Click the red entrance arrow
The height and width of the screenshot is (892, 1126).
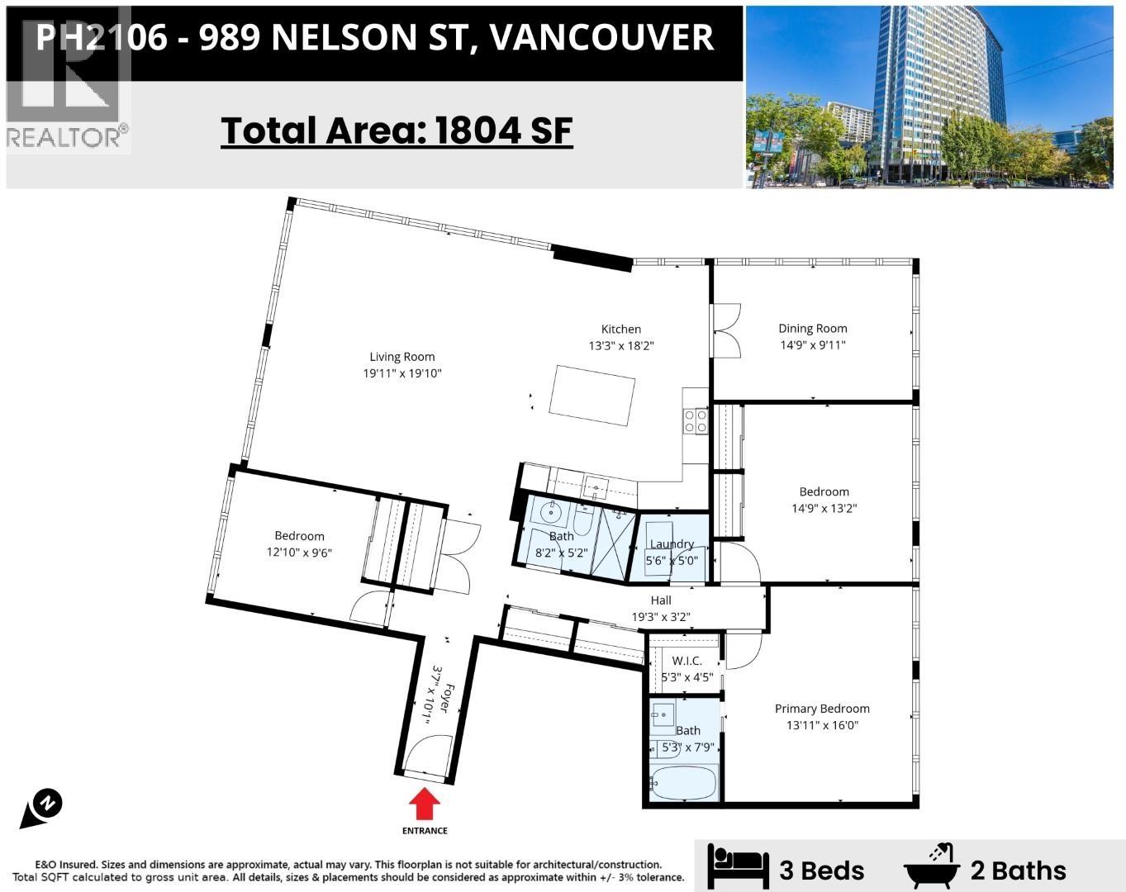click(x=425, y=804)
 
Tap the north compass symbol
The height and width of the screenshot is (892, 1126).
click(x=42, y=807)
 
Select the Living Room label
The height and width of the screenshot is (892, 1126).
click(x=401, y=357)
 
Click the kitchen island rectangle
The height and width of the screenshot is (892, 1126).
click(x=592, y=395)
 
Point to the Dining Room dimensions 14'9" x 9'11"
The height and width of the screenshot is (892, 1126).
click(x=812, y=345)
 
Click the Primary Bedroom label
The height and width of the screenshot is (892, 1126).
click(x=821, y=709)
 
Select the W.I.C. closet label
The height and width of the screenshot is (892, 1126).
click(x=687, y=661)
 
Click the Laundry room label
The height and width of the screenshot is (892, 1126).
click(x=671, y=543)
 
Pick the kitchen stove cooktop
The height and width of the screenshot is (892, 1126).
click(x=695, y=421)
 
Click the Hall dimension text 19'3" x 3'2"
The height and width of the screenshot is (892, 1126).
click(x=661, y=617)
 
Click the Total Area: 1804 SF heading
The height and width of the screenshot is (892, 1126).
click(x=397, y=130)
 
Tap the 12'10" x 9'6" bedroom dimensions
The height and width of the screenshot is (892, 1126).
click(x=299, y=553)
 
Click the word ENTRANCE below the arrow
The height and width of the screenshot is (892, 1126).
click(x=425, y=831)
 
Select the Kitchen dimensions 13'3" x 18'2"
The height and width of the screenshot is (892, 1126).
click(x=620, y=346)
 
